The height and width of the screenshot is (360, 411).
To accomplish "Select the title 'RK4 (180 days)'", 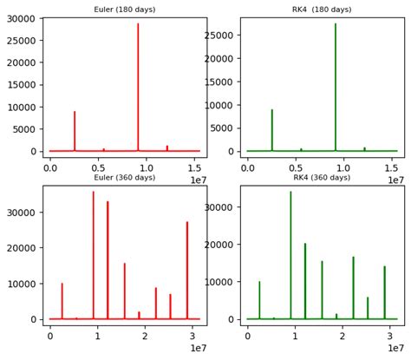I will [x=323, y=10].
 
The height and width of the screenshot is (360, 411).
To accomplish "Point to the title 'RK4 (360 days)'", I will [x=322, y=178].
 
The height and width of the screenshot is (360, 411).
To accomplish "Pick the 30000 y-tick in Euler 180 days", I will [x=21, y=18].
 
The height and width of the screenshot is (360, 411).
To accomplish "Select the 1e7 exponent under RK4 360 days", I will [x=395, y=348].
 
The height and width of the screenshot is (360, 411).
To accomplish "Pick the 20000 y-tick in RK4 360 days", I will [x=221, y=245].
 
